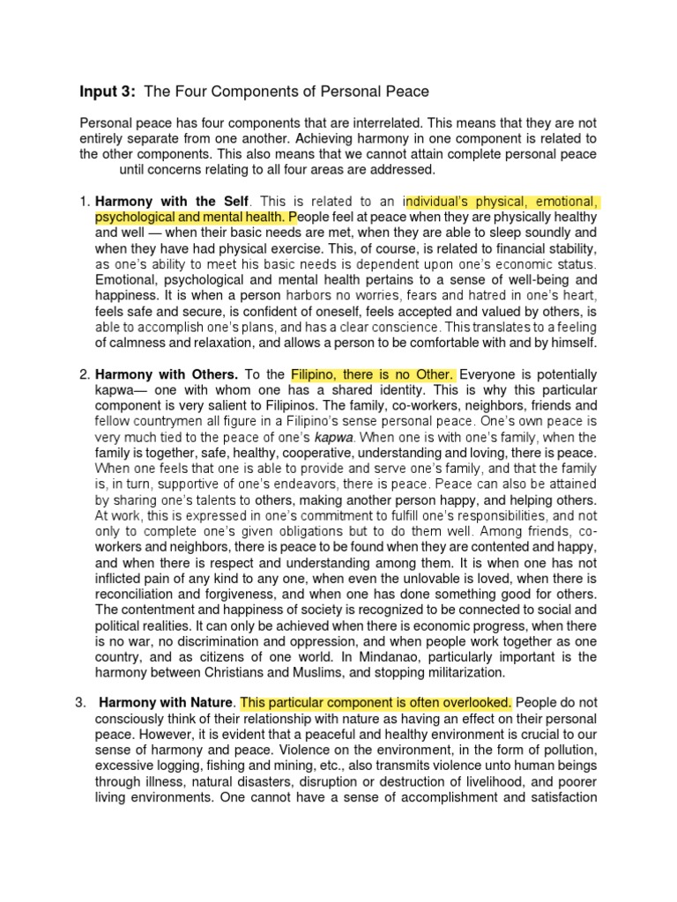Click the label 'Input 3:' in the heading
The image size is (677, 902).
point(108,91)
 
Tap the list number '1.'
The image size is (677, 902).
point(85,202)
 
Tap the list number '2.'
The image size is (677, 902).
point(85,374)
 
